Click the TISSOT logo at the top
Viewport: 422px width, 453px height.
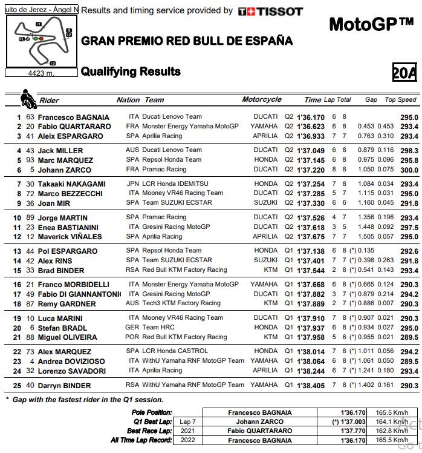coord(270,11)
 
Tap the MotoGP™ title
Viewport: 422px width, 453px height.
coord(371,25)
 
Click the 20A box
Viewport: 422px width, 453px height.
coord(404,73)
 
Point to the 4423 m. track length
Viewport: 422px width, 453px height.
coord(42,73)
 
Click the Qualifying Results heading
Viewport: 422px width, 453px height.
coord(131,71)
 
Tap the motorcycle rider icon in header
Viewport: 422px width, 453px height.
coord(27,98)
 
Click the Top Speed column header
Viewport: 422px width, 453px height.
coord(400,100)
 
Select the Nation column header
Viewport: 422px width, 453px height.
coord(128,100)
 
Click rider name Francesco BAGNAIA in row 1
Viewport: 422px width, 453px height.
coord(73,117)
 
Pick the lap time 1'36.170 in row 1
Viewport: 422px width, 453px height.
coord(311,117)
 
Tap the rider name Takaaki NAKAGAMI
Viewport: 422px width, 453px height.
coord(72,184)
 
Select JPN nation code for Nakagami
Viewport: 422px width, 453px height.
coord(133,184)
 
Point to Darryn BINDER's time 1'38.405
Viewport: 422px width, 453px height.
coord(311,385)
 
